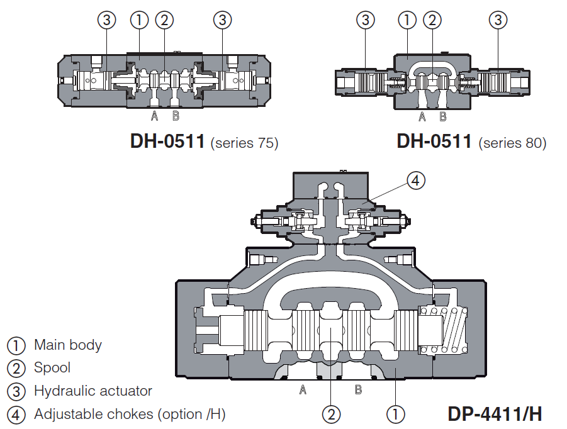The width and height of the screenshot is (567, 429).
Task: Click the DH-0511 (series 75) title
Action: click(204, 142)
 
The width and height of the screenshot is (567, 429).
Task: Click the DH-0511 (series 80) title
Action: click(471, 142)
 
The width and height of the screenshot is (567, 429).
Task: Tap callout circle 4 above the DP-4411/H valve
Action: click(415, 181)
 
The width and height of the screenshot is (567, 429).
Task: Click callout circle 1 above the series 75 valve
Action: click(138, 20)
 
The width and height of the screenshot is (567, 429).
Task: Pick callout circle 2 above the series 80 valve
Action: click(431, 20)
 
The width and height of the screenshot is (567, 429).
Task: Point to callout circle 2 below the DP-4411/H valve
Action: click(332, 414)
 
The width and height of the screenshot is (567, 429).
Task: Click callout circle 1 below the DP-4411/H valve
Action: click(395, 414)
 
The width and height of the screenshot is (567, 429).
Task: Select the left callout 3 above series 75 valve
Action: click(106, 20)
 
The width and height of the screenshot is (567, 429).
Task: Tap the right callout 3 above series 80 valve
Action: click(498, 20)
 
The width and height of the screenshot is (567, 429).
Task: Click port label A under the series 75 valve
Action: click(154, 116)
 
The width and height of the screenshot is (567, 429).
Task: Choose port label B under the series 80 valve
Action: click(442, 116)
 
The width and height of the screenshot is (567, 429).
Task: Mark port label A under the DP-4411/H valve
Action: click(303, 390)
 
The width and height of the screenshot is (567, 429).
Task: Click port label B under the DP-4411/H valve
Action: click(358, 390)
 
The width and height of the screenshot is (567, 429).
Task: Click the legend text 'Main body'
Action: click(67, 345)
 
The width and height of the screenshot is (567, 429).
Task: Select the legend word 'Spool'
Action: click(52, 367)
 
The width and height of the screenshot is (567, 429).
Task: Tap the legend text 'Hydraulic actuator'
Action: click(93, 391)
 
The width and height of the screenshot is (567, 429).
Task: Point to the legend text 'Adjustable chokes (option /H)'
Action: click(129, 414)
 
